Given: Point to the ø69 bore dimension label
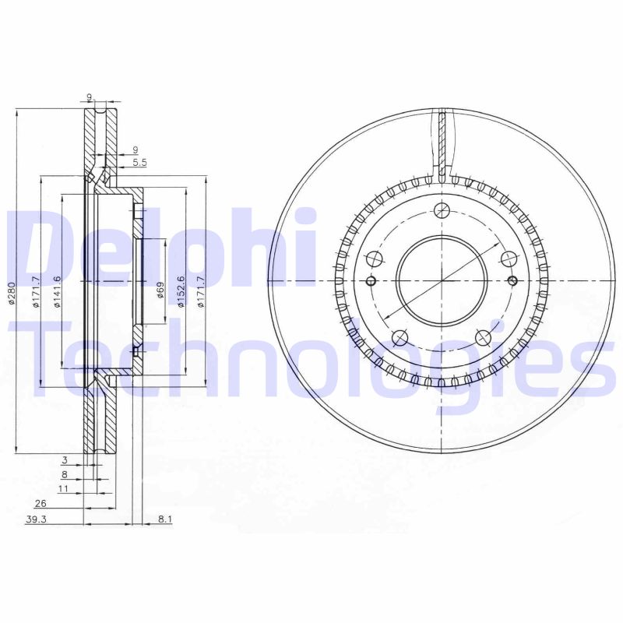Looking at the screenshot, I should [x=160, y=290].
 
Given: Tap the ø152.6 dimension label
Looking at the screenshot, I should [x=181, y=291].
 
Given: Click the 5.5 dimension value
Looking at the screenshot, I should [x=139, y=162].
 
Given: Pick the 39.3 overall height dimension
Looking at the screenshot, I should [x=35, y=519].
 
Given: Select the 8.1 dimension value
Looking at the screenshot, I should [x=164, y=519].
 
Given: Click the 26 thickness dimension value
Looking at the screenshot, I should [x=40, y=504].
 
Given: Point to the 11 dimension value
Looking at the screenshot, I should [x=64, y=488].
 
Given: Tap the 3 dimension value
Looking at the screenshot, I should [x=65, y=461].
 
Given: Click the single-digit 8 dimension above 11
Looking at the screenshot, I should [x=65, y=474].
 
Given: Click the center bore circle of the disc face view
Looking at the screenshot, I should [x=442, y=280].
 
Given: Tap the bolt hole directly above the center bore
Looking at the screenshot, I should [x=442, y=210].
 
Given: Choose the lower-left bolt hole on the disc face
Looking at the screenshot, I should [x=400, y=337].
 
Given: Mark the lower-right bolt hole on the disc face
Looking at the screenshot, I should [x=483, y=337].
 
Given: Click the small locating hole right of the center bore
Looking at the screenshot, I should [x=512, y=280].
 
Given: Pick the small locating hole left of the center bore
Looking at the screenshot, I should [x=371, y=280].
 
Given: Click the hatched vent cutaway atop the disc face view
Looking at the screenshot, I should [x=442, y=144].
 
